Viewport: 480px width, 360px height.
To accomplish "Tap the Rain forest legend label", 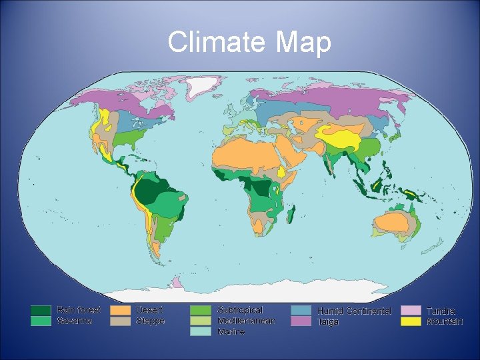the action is pyautogui.click(x=79, y=310).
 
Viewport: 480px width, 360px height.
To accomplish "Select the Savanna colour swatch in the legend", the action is pyautogui.click(x=41, y=321).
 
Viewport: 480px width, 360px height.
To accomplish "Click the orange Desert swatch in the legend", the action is pyautogui.click(x=120, y=310).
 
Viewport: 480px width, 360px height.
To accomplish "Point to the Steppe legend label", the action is pyautogui.click(x=150, y=321).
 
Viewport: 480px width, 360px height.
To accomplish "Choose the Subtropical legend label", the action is pyautogui.click(x=240, y=310).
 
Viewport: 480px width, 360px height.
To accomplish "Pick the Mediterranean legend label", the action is pyautogui.click(x=245, y=321).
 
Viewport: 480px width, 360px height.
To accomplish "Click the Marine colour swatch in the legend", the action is pyautogui.click(x=200, y=331).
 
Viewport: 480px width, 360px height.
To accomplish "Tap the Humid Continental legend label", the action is pyautogui.click(x=358, y=311).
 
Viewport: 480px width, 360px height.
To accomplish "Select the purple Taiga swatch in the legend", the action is pyautogui.click(x=300, y=321).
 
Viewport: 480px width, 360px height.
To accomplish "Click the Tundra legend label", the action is pyautogui.click(x=441, y=311).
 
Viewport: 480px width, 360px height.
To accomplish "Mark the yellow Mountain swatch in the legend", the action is pyautogui.click(x=411, y=321).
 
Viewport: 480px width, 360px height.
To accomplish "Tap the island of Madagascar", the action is pyautogui.click(x=291, y=215).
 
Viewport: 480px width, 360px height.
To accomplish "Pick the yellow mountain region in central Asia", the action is pyautogui.click(x=343, y=137).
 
